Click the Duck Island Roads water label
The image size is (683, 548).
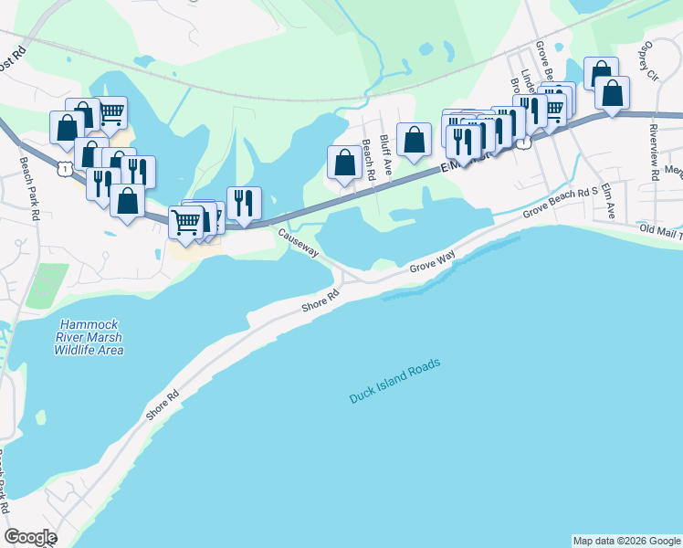pos(394,381)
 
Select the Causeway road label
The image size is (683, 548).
pos(299,244)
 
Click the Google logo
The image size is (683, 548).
pos(30,537)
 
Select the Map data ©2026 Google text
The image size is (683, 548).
pos(625,541)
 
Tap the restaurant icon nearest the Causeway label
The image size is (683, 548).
pos(244,202)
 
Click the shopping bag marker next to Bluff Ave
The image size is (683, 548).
pos(415,140)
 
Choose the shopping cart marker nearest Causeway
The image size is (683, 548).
pos(186,221)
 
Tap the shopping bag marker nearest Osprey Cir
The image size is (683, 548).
pos(612,92)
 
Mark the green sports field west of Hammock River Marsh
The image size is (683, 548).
pos(40,287)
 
